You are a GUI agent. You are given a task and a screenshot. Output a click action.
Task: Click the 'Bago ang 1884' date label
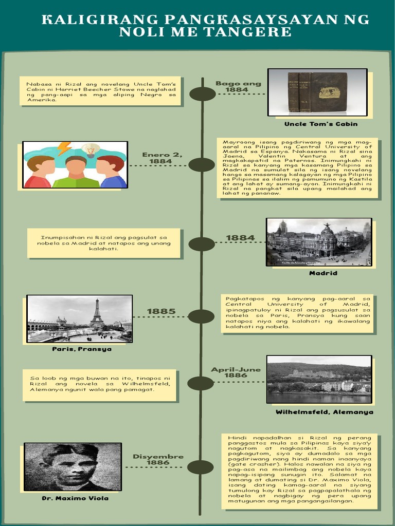(238, 86)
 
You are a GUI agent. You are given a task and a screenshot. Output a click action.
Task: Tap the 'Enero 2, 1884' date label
(162, 158)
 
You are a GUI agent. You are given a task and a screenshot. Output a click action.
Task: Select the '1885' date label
(161, 311)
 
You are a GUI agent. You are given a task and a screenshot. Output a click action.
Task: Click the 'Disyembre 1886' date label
(158, 459)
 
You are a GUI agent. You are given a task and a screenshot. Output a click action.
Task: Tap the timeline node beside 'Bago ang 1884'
(202, 94)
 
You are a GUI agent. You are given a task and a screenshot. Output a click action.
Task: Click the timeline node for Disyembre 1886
(201, 467)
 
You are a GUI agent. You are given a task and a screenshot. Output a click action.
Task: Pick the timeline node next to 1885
(202, 316)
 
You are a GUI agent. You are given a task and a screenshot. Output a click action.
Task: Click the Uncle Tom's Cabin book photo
(317, 92)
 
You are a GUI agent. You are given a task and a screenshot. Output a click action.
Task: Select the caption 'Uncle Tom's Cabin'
(320, 124)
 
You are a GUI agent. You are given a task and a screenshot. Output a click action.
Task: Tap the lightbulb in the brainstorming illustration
(91, 149)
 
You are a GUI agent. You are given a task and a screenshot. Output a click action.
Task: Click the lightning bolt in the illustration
(64, 148)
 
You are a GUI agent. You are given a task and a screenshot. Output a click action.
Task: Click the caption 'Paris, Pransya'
(81, 349)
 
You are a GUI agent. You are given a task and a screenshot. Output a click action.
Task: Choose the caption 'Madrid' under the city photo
(323, 273)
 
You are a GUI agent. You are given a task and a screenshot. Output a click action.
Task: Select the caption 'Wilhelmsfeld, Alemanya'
(324, 412)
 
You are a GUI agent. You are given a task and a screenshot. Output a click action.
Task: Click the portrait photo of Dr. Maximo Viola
(73, 466)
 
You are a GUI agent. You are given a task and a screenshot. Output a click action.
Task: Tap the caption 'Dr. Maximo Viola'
(75, 498)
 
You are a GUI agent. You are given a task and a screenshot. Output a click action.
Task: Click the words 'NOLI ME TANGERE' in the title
(205, 32)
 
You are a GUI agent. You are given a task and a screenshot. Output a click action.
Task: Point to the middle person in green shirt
(76, 173)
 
